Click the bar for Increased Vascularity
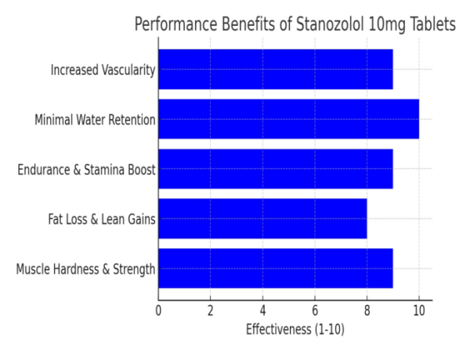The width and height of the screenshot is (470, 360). (275, 70)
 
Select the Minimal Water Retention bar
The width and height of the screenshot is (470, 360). (288, 119)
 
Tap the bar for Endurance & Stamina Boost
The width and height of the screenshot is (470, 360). (275, 169)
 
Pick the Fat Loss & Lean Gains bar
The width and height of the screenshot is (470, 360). (262, 219)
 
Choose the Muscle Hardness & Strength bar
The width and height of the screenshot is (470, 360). (275, 269)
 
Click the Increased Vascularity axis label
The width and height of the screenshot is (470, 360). (103, 70)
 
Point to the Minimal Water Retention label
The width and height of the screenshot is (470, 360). (95, 120)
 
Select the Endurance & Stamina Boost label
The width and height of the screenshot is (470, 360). (86, 170)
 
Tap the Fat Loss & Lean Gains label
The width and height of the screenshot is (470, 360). (101, 220)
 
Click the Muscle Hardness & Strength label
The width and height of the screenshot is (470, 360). (85, 270)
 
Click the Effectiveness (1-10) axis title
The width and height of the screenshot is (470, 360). (295, 329)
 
